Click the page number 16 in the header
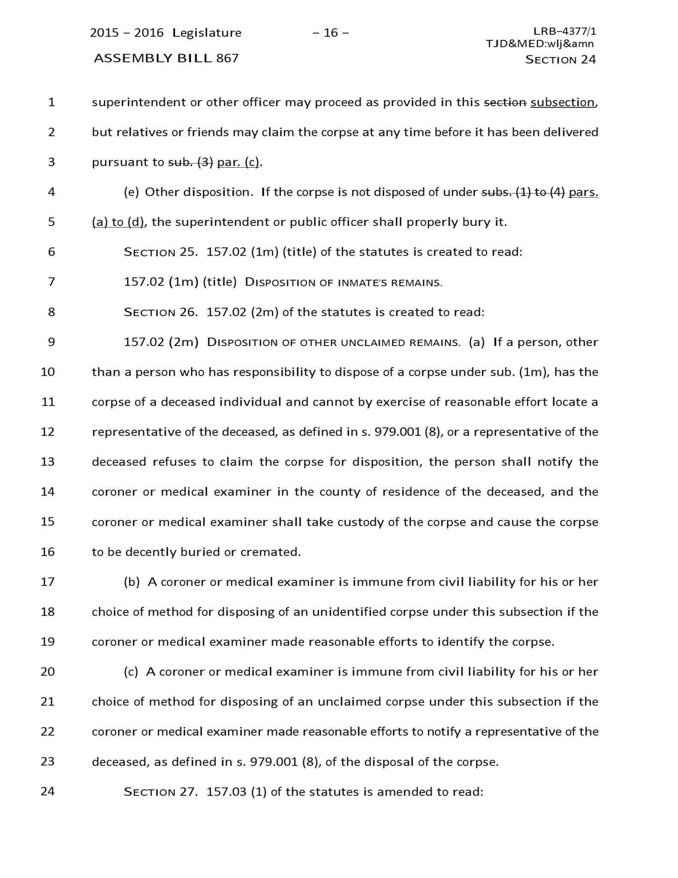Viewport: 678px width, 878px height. click(331, 33)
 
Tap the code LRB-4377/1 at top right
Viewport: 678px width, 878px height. click(565, 31)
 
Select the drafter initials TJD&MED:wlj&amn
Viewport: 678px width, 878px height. click(540, 43)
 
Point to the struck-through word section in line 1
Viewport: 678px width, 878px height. click(505, 102)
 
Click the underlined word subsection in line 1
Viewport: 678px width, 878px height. click(562, 102)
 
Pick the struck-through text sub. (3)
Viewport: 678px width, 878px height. click(190, 162)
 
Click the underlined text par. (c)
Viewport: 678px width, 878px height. click(238, 162)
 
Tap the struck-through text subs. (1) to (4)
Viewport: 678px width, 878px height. click(523, 192)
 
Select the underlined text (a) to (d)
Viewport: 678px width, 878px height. click(118, 222)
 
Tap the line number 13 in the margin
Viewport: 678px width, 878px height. click(48, 462)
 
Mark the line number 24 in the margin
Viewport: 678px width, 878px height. click(48, 791)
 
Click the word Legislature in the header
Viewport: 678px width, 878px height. click(207, 33)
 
